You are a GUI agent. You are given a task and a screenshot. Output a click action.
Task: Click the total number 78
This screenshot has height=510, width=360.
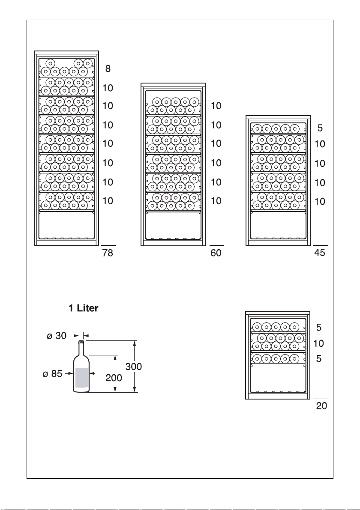point(108,253)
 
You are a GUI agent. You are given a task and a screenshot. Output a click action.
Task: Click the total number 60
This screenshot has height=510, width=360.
point(216,253)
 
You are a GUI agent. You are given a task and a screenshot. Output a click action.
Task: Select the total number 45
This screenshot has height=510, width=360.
point(320,253)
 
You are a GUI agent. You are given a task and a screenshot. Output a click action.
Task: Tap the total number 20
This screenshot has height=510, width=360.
point(321,406)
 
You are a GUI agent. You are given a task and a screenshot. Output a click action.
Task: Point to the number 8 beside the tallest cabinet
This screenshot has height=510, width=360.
point(108,69)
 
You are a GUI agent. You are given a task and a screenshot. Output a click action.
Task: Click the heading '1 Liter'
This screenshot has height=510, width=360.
point(83,308)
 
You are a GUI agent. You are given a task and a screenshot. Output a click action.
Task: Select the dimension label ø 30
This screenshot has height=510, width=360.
point(57,335)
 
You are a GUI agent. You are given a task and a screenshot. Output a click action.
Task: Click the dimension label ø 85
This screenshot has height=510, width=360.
point(52,374)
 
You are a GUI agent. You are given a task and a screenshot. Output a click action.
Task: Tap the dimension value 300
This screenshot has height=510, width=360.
point(134,367)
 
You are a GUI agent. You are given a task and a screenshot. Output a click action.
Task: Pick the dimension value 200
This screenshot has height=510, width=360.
point(114,378)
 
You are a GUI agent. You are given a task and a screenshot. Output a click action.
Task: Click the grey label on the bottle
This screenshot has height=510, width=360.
point(82,378)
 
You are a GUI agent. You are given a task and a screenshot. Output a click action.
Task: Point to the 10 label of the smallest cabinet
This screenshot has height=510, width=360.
point(319,343)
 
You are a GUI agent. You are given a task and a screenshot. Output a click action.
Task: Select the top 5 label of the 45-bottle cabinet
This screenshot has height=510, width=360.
point(320,128)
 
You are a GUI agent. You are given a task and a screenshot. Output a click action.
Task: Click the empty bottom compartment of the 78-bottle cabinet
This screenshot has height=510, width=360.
point(66,225)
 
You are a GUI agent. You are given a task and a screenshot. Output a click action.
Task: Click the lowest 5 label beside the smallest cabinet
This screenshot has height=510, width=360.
point(319,358)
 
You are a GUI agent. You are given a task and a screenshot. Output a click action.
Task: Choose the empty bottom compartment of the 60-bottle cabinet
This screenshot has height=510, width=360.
point(173,225)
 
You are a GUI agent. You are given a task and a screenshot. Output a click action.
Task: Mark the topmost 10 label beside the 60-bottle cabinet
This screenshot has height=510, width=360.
point(216,106)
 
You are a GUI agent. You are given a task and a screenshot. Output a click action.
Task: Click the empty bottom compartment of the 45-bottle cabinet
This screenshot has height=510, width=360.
point(278,225)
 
